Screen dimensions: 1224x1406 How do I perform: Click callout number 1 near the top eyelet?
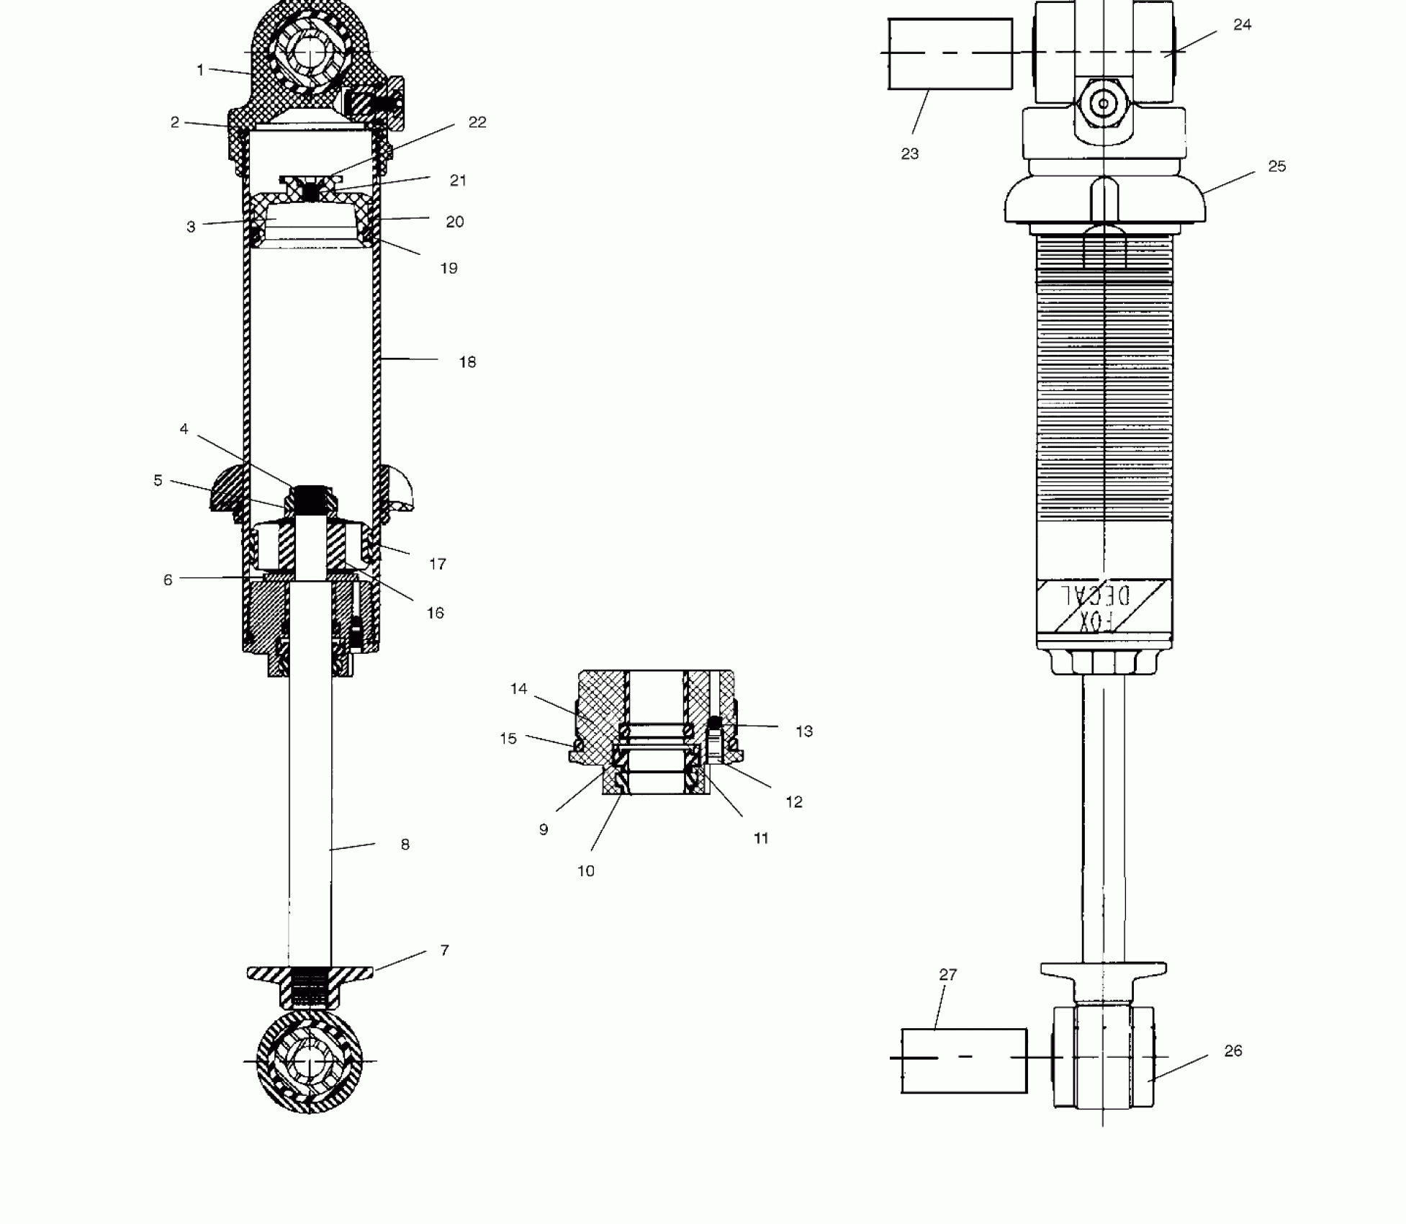(x=200, y=70)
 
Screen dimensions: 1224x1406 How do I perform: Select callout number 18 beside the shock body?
(x=467, y=362)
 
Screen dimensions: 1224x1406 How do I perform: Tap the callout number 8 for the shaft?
(x=405, y=845)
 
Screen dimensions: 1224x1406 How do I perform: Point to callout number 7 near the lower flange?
(x=444, y=950)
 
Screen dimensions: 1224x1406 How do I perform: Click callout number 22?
(x=477, y=122)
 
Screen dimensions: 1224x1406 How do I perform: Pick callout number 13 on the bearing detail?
(x=804, y=732)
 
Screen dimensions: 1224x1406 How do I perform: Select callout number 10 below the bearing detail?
(x=586, y=871)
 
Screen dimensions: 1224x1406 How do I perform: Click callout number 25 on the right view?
(x=1276, y=166)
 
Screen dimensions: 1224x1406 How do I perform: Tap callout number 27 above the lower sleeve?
(x=948, y=975)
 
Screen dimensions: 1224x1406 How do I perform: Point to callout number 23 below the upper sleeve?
(x=910, y=153)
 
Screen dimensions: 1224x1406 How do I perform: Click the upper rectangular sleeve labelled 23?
(x=950, y=54)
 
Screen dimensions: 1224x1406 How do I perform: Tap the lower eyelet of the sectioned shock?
(x=310, y=1062)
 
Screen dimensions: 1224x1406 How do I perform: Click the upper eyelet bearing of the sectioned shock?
(x=309, y=54)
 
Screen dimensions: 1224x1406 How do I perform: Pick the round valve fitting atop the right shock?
(x=1103, y=104)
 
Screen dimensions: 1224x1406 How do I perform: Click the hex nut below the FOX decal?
(x=1103, y=662)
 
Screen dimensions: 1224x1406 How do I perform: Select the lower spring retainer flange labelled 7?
(x=310, y=974)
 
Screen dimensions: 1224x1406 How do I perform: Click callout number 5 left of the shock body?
(x=158, y=480)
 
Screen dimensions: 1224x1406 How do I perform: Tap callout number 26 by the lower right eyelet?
(x=1232, y=1051)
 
